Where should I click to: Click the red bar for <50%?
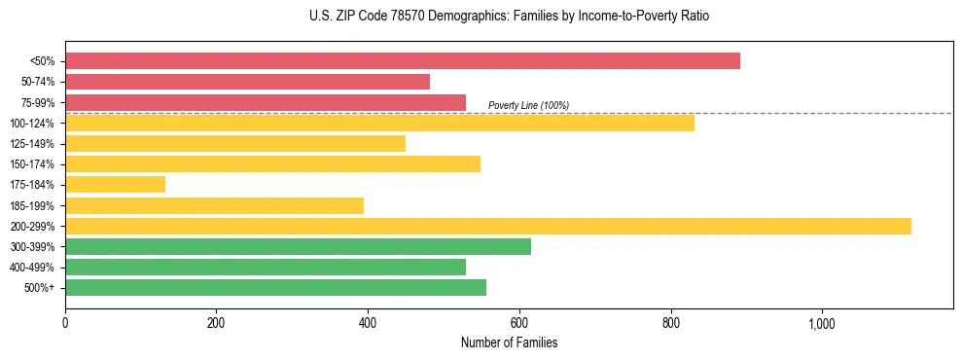click(x=403, y=61)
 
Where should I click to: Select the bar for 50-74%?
click(x=247, y=82)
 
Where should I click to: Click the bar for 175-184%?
click(x=115, y=185)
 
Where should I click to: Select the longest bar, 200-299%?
click(x=488, y=226)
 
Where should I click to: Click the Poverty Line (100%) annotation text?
click(x=528, y=105)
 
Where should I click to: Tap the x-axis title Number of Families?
click(x=509, y=343)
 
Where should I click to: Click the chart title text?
click(x=509, y=17)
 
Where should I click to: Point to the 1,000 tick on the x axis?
click(x=822, y=323)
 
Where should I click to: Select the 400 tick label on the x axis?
click(x=368, y=323)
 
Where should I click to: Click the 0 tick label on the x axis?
click(x=65, y=323)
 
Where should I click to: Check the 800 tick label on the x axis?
click(x=670, y=323)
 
